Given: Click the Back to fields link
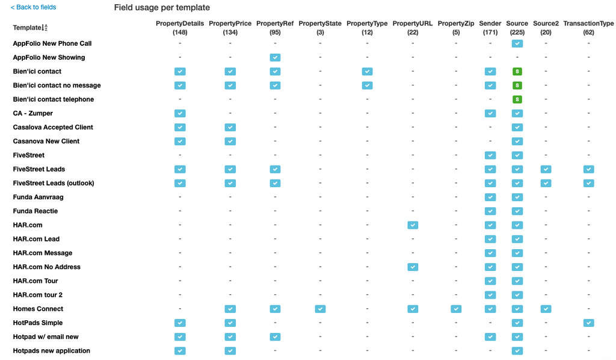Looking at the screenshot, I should tap(34, 7).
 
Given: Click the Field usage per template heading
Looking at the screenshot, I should tap(162, 8).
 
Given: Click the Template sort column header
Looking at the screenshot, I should tap(30, 28).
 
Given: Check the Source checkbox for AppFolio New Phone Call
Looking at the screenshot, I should tap(517, 44).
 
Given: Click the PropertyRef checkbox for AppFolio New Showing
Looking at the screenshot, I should tap(275, 58).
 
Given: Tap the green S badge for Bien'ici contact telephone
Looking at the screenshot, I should tap(517, 99).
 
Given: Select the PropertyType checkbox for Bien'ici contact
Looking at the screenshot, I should tap(367, 72).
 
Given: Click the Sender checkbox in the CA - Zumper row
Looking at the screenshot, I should tap(490, 113).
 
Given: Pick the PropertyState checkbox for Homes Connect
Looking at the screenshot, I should tap(320, 309).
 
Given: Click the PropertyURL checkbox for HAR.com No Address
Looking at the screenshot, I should tap(413, 267).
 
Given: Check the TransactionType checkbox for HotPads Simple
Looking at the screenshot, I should tap(588, 323).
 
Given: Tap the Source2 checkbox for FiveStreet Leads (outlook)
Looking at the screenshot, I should tap(546, 183).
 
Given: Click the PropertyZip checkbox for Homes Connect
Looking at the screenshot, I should tap(456, 309).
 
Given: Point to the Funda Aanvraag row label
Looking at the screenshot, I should tap(38, 197).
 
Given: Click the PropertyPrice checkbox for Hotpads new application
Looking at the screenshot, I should tap(230, 351).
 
